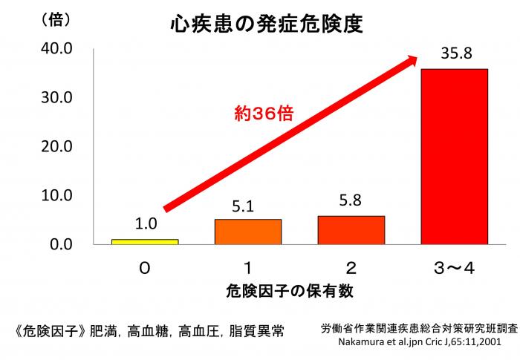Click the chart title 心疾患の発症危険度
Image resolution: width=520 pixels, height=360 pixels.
tap(265, 24)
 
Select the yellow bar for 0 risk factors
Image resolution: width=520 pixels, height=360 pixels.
tap(145, 241)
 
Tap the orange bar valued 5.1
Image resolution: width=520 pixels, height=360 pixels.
tap(248, 232)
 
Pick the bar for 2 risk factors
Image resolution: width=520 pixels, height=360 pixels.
tap(351, 230)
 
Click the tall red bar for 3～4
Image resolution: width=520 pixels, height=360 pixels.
tap(454, 156)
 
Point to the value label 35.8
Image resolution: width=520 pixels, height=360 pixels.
tap(453, 53)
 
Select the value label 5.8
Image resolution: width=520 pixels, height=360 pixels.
tap(351, 201)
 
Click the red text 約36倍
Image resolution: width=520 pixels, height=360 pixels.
tap(264, 113)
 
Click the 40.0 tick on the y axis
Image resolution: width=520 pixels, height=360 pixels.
tap(56, 48)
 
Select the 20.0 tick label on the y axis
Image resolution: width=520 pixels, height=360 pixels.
tap(56, 146)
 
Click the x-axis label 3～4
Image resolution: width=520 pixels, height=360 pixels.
tap(453, 267)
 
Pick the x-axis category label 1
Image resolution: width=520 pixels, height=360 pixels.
tap(248, 267)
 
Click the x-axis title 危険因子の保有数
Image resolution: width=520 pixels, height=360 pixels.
tap(300, 292)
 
